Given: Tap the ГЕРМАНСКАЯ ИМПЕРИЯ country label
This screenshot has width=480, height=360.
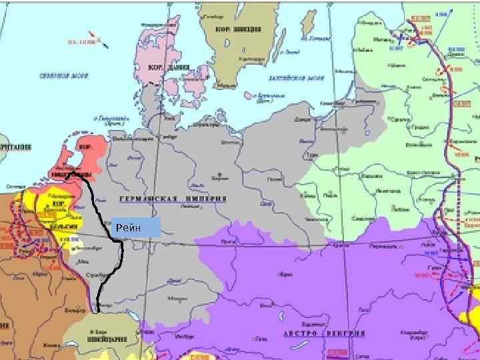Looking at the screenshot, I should click(173, 199).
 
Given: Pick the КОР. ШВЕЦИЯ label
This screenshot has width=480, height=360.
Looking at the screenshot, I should click(237, 29).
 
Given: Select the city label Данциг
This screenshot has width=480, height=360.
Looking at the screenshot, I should click(303, 119).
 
